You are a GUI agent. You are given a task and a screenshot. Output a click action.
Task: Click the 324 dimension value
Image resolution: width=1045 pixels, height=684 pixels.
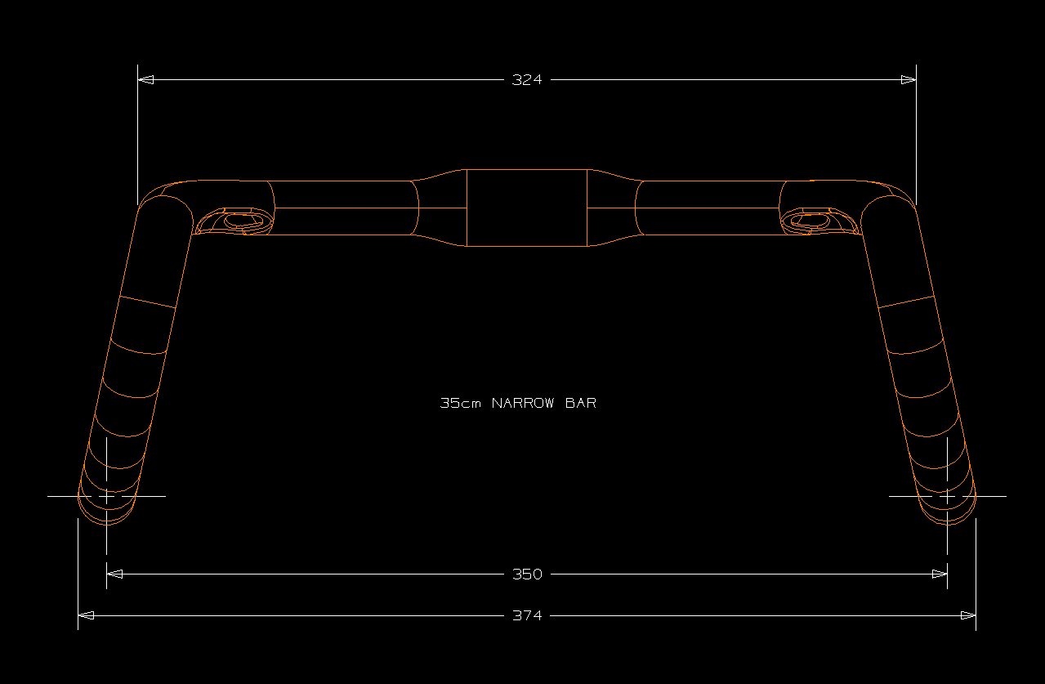[527, 80]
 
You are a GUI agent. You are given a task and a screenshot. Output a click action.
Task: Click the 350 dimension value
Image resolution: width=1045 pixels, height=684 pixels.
[527, 574]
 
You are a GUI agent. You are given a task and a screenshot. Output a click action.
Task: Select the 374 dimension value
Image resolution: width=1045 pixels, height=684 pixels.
[527, 615]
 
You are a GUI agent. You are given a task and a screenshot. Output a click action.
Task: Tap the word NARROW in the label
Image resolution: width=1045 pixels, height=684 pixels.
[524, 403]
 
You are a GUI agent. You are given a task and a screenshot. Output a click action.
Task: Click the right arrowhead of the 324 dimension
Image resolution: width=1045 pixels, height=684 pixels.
[908, 80]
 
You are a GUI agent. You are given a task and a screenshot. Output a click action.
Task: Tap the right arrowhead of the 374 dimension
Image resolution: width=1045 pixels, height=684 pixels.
[968, 615]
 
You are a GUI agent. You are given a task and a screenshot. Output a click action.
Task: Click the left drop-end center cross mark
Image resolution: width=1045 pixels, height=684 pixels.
[107, 496]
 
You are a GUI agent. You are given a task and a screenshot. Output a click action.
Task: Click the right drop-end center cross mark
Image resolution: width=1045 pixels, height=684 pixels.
[947, 496]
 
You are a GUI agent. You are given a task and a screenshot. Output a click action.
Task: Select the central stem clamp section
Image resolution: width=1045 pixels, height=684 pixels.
[527, 208]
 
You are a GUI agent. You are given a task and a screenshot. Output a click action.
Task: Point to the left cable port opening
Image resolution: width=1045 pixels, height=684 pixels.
[239, 220]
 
